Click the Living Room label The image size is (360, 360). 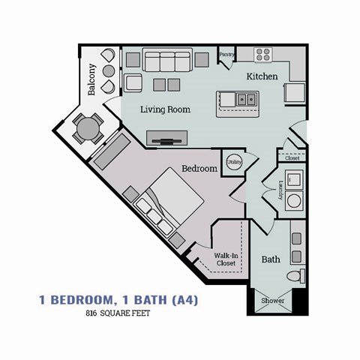pos(165,109)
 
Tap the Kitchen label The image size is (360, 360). pos(262,76)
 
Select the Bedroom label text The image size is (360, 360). pos(199,169)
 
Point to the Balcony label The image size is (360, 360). pos(92,79)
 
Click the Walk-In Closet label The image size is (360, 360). pos(225,259)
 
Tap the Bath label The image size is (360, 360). pos(271,260)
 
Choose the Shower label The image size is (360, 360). pos(273,301)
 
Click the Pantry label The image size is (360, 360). pos(226,55)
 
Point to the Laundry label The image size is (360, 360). pos(280,188)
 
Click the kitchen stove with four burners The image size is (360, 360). pos(262,54)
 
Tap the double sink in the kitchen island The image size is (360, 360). pos(245,98)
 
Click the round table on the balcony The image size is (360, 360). pos(88,128)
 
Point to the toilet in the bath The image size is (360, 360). pos(301,275)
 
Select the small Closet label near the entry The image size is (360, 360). pos(291,158)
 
